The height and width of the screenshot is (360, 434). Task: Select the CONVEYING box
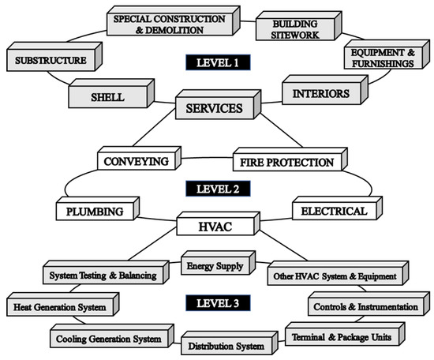[136, 161]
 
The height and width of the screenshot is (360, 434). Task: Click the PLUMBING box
[92, 212]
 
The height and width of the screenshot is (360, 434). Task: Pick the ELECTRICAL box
[329, 211]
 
